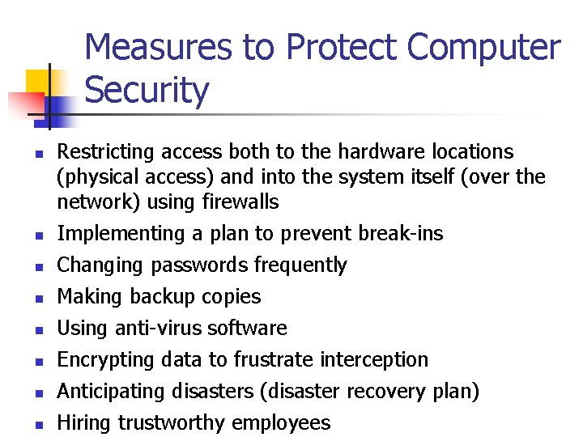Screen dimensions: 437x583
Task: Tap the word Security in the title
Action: tap(147, 90)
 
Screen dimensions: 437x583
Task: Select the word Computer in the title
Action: tap(483, 47)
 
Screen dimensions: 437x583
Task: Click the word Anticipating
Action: tap(111, 392)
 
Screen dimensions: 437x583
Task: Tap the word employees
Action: tap(281, 423)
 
